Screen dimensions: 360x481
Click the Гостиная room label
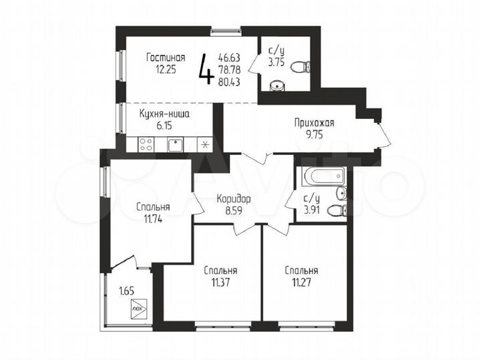click(x=166, y=57)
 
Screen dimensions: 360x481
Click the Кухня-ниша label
click(x=164, y=114)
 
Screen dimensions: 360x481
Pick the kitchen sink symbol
click(x=176, y=144)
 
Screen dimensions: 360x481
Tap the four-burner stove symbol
click(x=146, y=144)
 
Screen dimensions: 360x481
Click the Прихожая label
click(x=314, y=122)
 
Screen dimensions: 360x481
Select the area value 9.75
click(x=314, y=135)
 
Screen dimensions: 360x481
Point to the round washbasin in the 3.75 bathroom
click(x=277, y=85)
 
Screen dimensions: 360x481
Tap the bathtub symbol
click(x=323, y=178)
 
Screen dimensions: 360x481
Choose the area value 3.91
click(x=312, y=210)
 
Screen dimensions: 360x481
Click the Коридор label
click(x=234, y=198)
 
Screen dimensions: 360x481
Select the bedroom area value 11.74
click(x=152, y=218)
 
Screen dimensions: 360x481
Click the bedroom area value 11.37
click(x=220, y=283)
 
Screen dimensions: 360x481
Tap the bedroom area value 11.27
click(x=301, y=283)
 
